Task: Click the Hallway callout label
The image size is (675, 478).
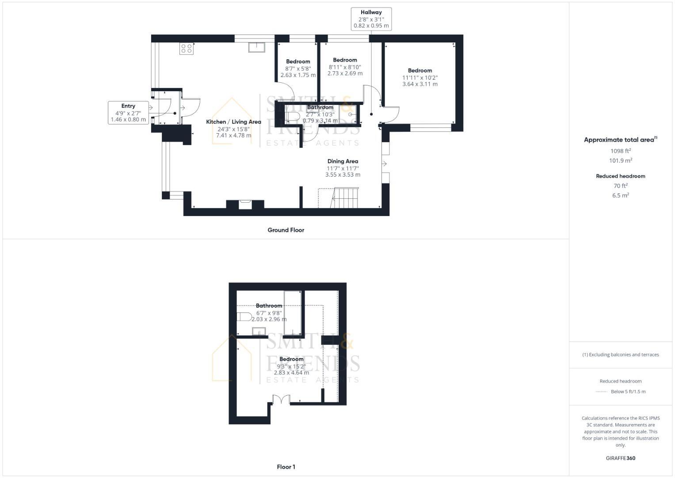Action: [x=371, y=19]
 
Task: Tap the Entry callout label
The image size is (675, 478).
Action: [x=128, y=112]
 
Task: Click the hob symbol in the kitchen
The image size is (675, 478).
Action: [x=187, y=48]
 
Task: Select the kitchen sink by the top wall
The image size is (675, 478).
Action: [x=256, y=47]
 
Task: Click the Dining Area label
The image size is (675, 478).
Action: [x=343, y=162]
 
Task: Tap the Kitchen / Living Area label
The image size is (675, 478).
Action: [x=233, y=122]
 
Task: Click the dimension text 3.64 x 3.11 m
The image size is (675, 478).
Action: [x=420, y=84]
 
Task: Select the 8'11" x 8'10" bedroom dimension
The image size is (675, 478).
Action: [x=345, y=67]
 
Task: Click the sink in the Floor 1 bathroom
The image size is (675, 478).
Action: [x=259, y=332]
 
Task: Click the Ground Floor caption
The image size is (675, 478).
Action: [x=286, y=230]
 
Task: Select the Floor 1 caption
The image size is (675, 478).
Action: [x=286, y=467]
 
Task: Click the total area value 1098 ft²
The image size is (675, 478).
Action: [x=621, y=151]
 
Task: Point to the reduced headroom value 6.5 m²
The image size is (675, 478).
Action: [x=621, y=195]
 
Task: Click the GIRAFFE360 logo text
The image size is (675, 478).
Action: [x=621, y=458]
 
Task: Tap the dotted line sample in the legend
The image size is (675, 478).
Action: [x=602, y=392]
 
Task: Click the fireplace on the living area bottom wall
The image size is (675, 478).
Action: [x=245, y=204]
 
